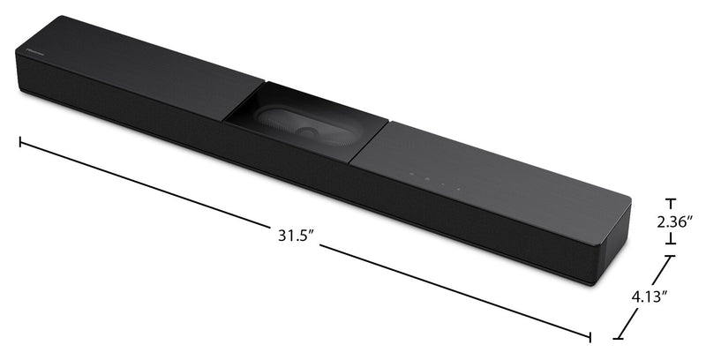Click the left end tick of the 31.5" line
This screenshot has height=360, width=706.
pos(20,141)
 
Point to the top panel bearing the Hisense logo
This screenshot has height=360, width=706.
pos(132,71)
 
